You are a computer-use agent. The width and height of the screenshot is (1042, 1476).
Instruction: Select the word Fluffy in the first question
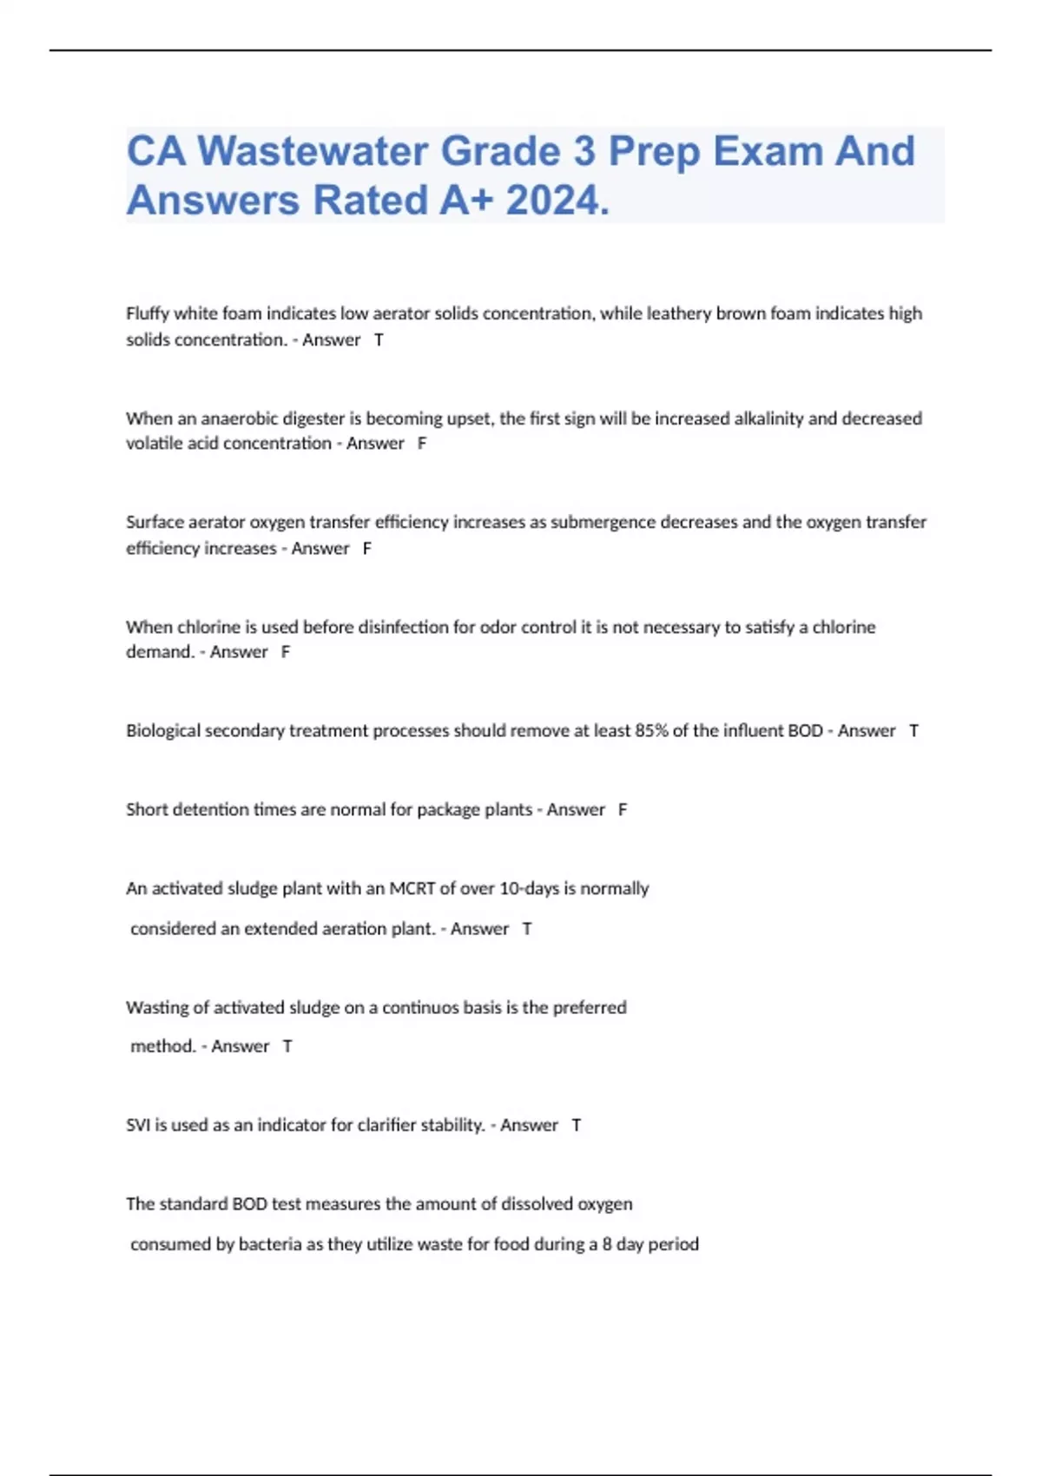coord(148,313)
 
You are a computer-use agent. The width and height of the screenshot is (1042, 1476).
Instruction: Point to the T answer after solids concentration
coord(379,340)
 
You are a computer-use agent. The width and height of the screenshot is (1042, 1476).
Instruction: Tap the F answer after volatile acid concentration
coord(422,444)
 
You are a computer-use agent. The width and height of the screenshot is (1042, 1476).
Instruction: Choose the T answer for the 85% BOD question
coord(913,731)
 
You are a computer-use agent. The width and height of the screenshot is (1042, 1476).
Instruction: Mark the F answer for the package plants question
coord(623,810)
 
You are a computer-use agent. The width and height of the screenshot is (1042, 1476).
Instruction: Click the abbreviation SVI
coord(138,1125)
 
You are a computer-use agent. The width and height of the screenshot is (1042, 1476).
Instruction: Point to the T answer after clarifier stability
coord(576,1125)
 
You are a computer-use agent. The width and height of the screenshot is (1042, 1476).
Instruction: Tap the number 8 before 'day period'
coord(607,1244)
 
